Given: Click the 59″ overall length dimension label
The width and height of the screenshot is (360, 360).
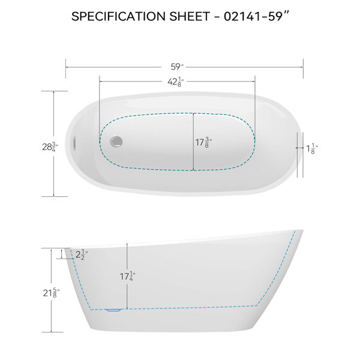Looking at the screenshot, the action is coord(177,67).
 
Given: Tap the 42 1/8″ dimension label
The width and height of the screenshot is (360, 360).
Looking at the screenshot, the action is coord(176,82).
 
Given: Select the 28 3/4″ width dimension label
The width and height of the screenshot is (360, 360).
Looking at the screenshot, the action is coord(50,146).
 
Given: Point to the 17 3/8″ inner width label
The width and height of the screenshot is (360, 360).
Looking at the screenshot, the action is coord(203,142).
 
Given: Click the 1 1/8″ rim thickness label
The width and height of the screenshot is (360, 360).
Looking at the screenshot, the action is coord(313,149).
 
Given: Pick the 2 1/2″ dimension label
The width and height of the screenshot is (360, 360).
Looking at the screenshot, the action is coord(82,254).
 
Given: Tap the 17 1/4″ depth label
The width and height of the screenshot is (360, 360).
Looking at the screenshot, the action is coord(127,276).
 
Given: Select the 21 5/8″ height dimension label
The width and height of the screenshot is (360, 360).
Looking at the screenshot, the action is coord(51,293).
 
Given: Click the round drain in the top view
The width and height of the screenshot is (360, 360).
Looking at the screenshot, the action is coord(116,142).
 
